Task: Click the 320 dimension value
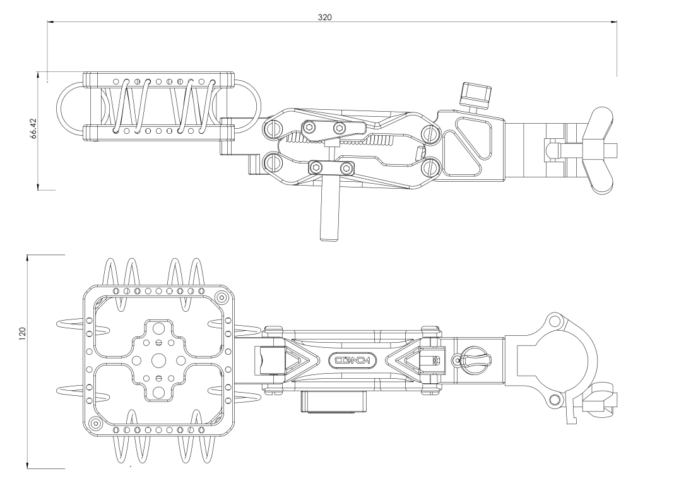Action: [324, 17]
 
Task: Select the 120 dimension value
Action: [22, 331]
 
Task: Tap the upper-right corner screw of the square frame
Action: [221, 297]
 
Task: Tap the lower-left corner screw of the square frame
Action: [95, 422]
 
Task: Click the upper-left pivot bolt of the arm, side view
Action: [274, 129]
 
